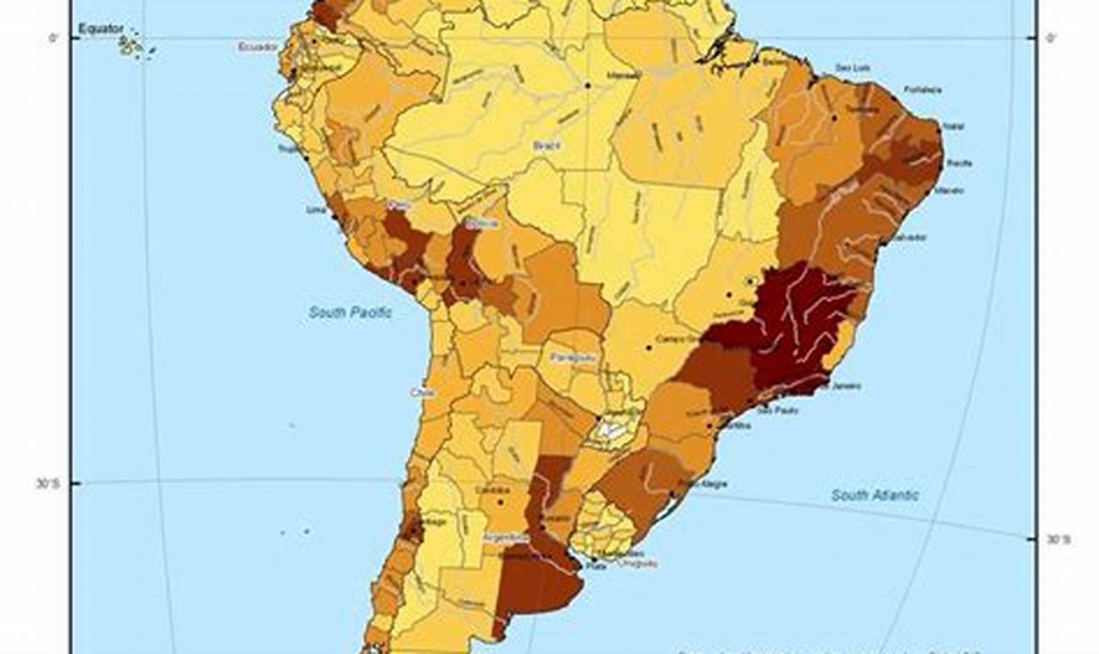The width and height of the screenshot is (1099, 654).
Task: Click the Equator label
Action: [101, 29]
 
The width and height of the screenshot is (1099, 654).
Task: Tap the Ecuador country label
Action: [258, 46]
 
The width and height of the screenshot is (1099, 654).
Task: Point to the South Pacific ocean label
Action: [350, 312]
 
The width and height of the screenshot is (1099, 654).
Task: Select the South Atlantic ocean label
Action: [874, 495]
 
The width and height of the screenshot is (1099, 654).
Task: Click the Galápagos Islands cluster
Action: [130, 46]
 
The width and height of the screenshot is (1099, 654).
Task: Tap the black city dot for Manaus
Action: [587, 85]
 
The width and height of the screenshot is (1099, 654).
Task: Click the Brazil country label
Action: [546, 145]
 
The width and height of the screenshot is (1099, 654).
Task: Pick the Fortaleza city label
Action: [923, 89]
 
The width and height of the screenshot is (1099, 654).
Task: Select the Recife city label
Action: [959, 163]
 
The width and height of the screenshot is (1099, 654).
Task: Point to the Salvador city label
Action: [908, 237]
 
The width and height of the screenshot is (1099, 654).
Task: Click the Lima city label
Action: [316, 209]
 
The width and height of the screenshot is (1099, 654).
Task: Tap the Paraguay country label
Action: [573, 356]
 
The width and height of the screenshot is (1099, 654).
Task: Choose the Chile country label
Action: [421, 392]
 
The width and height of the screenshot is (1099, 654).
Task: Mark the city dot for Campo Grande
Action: [648, 348]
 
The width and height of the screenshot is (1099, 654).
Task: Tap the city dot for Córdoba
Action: [500, 501]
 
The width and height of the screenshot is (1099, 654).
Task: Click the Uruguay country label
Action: [638, 563]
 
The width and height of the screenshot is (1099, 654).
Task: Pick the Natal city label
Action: [953, 126]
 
